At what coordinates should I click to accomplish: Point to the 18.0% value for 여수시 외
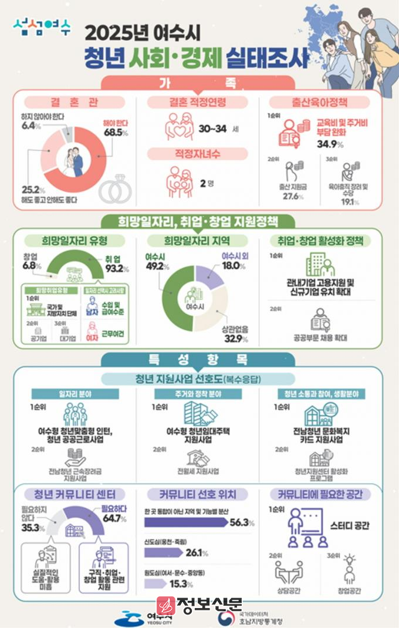pos(234,265)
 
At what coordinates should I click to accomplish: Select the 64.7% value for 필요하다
pos(114,518)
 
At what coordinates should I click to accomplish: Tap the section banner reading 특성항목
pos(199,360)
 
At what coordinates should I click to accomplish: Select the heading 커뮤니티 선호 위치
pos(199,495)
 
